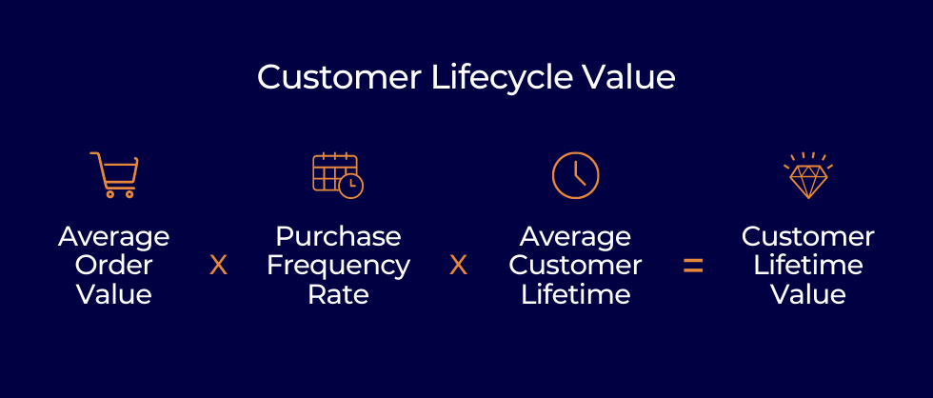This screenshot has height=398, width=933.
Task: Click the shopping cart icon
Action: (x=114, y=175)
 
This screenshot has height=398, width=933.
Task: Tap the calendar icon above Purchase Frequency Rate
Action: (x=338, y=175)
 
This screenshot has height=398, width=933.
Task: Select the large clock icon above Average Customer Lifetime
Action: (x=575, y=175)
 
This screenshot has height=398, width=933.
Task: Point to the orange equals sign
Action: (x=693, y=266)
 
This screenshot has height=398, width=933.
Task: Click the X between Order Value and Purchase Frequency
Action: (x=218, y=266)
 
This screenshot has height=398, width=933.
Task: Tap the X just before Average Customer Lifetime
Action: (x=458, y=266)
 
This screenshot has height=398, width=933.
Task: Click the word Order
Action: (x=114, y=266)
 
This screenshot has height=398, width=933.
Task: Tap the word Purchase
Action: (x=338, y=237)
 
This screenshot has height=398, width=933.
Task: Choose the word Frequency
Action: (x=338, y=267)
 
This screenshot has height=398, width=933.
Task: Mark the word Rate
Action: (x=338, y=294)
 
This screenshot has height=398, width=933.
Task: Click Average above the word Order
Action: (x=114, y=238)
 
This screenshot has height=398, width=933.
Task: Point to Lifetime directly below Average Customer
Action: (x=575, y=294)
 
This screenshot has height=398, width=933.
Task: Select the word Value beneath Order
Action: (x=114, y=294)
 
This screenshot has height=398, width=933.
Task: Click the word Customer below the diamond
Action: (x=808, y=237)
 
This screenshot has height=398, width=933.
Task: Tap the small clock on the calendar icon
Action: (x=351, y=187)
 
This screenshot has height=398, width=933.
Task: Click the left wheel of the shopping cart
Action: (x=110, y=194)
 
